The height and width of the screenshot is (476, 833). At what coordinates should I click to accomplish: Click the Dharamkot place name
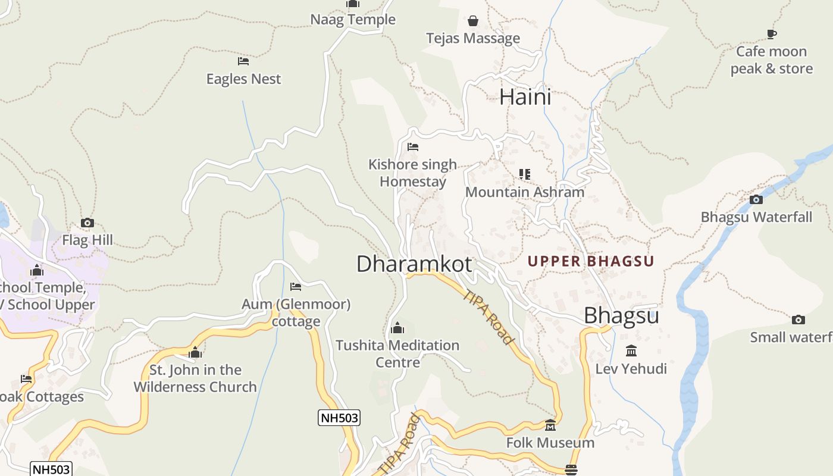414,264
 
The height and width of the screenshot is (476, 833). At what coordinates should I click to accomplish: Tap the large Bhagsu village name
621,315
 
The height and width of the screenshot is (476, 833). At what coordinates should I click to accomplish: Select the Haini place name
525,97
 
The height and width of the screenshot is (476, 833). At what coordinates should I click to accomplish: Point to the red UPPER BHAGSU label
590,261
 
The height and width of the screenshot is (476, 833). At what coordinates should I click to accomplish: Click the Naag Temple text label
353,20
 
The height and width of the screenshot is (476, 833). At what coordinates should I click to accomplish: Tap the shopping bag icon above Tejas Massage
473,21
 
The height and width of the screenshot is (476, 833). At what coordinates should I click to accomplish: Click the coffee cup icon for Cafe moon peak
772,35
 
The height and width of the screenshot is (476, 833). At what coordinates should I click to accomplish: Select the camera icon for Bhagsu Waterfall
756,199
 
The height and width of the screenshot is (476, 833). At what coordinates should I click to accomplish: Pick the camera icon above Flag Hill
87,223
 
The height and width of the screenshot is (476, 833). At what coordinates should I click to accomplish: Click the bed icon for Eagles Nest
243,61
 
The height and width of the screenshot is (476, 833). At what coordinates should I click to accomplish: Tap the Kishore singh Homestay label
412,173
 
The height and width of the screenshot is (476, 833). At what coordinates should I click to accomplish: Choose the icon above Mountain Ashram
524,174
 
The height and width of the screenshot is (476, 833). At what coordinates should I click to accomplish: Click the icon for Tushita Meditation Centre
397,328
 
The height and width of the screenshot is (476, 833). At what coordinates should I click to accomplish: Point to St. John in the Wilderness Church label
195,378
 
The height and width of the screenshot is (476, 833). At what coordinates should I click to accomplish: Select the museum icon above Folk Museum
550,425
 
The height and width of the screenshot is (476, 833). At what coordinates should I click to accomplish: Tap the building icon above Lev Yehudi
631,351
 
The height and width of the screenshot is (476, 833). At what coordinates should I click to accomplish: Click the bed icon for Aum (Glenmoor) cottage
296,287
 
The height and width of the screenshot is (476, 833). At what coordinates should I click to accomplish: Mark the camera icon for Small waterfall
798,320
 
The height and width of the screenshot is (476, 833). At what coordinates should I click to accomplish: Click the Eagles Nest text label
243,79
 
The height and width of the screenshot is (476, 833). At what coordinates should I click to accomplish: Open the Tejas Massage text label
473,39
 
